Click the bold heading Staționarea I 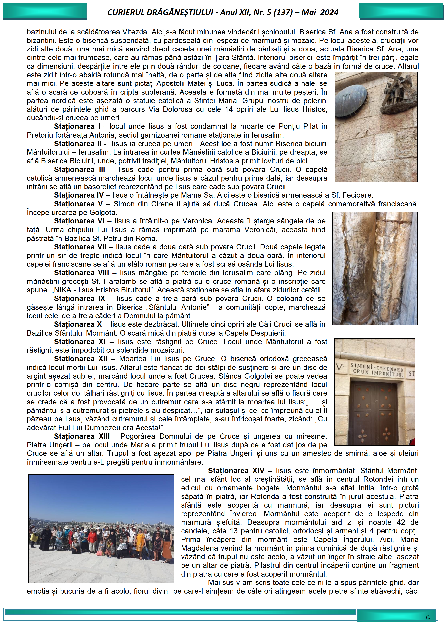(77, 126)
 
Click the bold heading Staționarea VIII (81, 273)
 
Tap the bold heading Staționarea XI (80, 342)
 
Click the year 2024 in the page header (329, 12)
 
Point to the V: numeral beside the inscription (340, 367)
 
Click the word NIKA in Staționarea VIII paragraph (63, 290)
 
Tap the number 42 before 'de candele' (401, 522)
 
